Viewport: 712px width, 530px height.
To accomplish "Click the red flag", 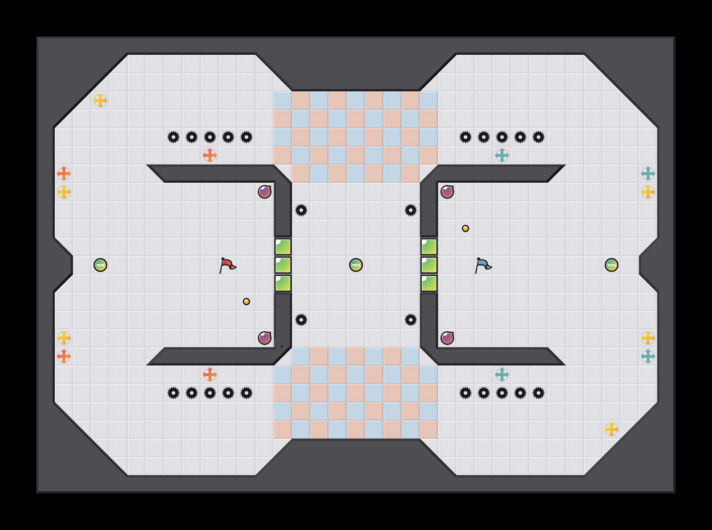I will point(227,265).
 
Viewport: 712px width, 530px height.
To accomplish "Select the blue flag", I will point(483,265).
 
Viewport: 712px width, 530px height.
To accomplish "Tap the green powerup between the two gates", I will point(356,265).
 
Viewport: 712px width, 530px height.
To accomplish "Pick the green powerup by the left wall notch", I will point(100,265).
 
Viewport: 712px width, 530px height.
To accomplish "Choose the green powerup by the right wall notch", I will point(612,265).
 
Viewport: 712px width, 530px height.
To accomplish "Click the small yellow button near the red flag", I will point(246,302).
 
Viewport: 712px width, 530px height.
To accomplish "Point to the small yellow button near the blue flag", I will point(466,228).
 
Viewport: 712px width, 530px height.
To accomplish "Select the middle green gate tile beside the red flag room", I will point(283,265).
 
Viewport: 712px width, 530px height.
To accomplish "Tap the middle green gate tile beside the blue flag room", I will point(429,265).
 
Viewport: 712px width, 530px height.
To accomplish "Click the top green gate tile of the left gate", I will point(283,247).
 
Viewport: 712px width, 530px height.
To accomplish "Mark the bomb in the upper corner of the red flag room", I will point(265,192).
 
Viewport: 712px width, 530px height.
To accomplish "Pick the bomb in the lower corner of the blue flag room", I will point(447,338).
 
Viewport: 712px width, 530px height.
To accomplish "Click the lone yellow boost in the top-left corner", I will point(100,101).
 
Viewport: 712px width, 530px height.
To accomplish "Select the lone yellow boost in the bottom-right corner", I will point(612,429).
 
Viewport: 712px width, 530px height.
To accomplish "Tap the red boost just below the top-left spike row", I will point(210,155).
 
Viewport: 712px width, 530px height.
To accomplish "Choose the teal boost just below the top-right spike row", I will point(502,155).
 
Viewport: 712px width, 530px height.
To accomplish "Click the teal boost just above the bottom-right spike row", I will point(502,375).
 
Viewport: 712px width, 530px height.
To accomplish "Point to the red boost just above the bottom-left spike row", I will point(210,375).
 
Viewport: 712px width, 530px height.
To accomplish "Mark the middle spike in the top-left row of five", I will point(210,137).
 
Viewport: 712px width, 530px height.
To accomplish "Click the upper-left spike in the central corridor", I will point(301,210).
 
